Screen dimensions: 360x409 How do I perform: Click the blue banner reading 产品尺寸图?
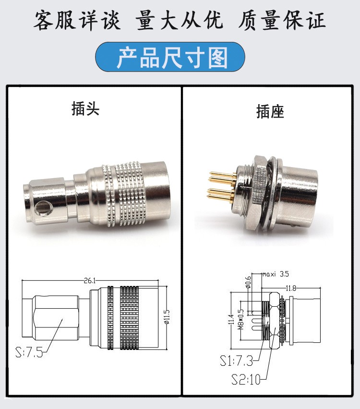click(x=170, y=57)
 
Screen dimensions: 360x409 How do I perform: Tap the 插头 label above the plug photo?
click(x=85, y=109)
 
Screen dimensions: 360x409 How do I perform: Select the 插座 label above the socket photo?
click(x=270, y=112)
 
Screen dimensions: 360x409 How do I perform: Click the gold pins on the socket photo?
click(x=222, y=185)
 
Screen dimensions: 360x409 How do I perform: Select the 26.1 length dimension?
click(x=90, y=280)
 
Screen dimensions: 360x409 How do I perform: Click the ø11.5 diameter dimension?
click(x=167, y=316)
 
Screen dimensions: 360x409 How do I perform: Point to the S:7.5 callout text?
click(x=29, y=353)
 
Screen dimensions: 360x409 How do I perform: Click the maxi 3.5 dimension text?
click(x=276, y=274)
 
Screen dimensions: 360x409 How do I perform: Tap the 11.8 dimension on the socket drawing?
click(x=291, y=288)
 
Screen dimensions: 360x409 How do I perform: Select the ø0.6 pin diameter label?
click(x=249, y=282)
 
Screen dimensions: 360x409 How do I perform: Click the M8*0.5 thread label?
click(x=241, y=319)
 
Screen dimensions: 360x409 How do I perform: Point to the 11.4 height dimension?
click(x=231, y=319)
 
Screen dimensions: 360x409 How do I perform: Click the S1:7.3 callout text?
click(x=236, y=361)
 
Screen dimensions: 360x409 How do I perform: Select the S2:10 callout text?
click(x=246, y=379)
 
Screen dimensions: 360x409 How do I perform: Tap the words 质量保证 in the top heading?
click(x=282, y=21)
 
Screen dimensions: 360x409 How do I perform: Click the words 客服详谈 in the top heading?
click(x=77, y=21)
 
